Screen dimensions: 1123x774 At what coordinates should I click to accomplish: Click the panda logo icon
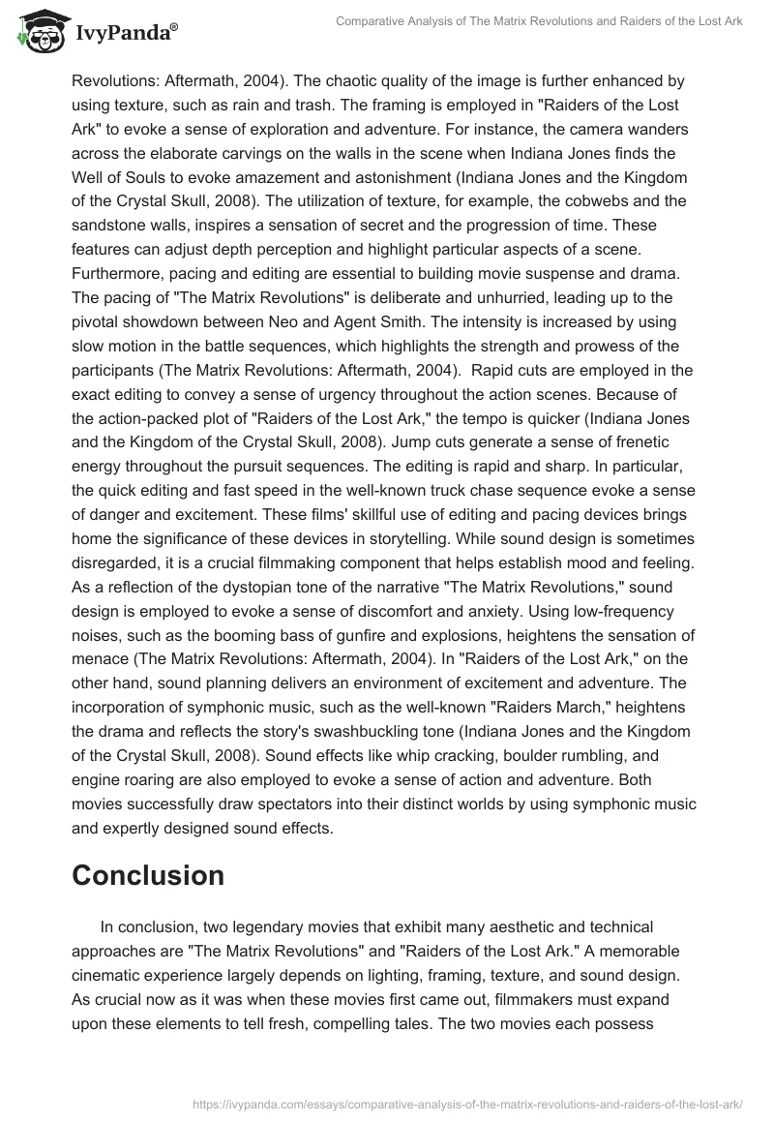[38, 32]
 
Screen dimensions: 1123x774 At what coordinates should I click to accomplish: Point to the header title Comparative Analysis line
[538, 22]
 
